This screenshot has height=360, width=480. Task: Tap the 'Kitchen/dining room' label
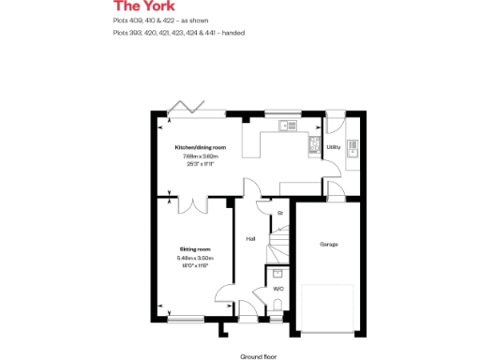pos(201,148)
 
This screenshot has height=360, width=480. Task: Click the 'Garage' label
pos(329,244)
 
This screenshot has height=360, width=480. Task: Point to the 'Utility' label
pos(333,147)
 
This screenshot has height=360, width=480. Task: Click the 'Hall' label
pos(250,239)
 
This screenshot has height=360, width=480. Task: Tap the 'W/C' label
pos(278,289)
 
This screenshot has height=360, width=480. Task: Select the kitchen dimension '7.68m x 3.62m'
pos(201,156)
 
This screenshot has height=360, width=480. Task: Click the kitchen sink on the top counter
pos(288,125)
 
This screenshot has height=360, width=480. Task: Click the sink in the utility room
pos(352,146)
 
